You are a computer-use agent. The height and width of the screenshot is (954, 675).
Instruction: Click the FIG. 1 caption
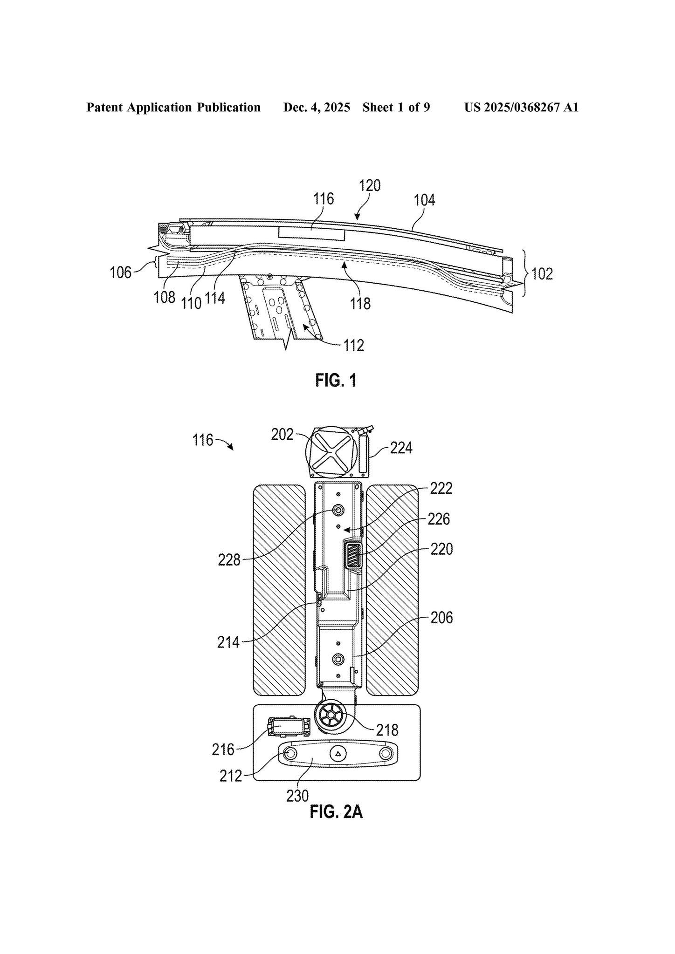pyautogui.click(x=336, y=381)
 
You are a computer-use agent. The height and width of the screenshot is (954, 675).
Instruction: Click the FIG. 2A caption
pyautogui.click(x=336, y=812)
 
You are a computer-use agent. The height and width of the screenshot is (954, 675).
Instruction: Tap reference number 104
pyautogui.click(x=424, y=200)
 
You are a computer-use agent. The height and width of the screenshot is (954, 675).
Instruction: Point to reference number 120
pyautogui.click(x=370, y=185)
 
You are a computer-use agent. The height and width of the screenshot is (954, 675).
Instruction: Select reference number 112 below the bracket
pyautogui.click(x=353, y=345)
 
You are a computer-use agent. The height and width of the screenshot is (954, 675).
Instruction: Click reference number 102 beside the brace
pyautogui.click(x=542, y=273)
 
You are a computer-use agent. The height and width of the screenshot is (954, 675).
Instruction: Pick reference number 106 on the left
pyautogui.click(x=121, y=272)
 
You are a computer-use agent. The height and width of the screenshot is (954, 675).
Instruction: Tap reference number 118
pyautogui.click(x=360, y=303)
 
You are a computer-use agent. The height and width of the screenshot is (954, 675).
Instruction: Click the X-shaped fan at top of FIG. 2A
pyautogui.click(x=331, y=452)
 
